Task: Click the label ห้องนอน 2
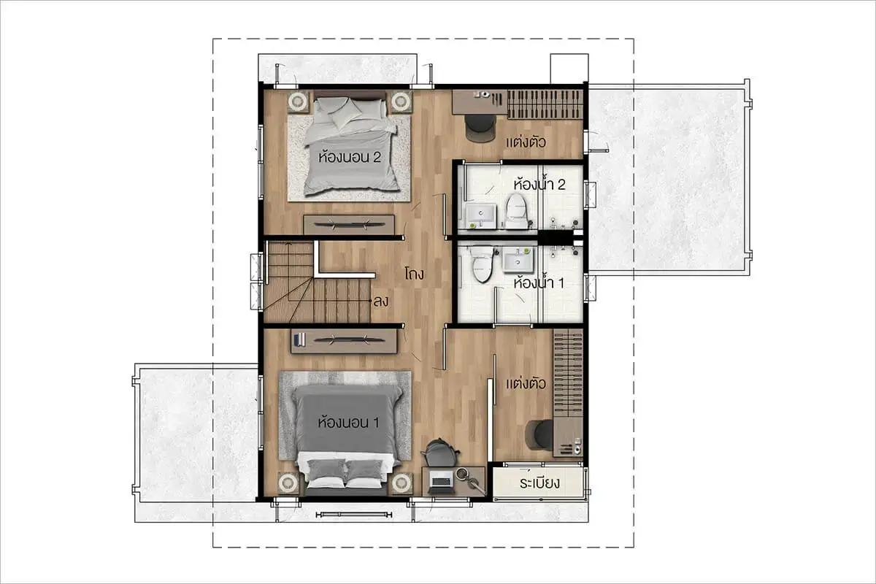350,157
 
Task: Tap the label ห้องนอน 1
348,423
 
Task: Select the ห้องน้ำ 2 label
539,184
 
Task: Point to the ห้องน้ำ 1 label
539,283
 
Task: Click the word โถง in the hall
414,274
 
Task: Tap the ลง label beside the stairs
381,301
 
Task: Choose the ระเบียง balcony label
539,483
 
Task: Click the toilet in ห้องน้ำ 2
516,211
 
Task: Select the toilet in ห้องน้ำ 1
482,264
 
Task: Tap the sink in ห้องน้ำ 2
480,215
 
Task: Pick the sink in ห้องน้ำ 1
518,260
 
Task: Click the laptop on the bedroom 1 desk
441,482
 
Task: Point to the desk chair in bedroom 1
440,453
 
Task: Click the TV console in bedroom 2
349,225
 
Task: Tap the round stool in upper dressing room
480,128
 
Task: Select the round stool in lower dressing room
539,434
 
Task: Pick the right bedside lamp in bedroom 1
401,483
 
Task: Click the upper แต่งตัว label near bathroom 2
526,142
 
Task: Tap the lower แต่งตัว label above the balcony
526,383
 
